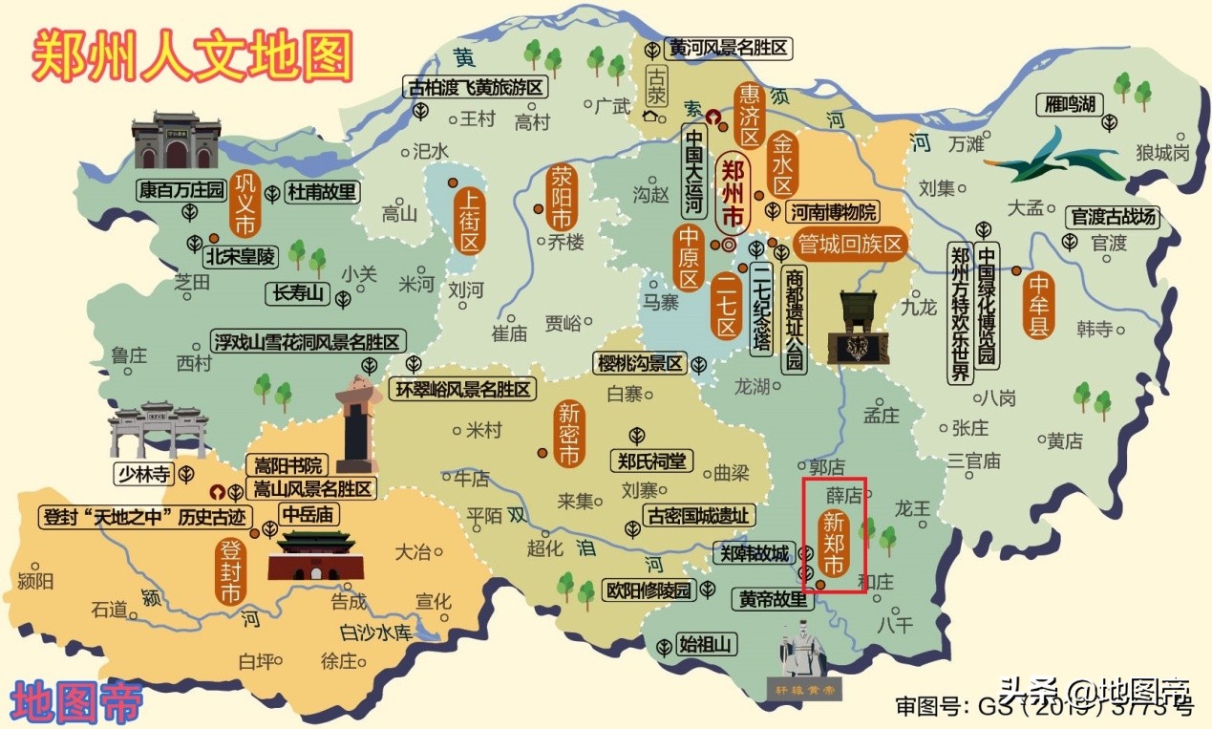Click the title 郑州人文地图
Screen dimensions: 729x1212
191,54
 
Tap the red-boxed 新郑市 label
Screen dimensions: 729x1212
834,542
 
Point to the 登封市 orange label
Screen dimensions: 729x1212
229,571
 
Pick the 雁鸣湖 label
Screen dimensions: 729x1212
1069,104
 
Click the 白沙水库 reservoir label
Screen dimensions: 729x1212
375,633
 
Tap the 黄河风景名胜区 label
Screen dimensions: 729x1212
729,48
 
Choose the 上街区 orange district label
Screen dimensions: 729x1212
468,219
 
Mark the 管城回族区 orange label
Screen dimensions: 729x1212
848,245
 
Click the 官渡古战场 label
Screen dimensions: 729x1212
1113,217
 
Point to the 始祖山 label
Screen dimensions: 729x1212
707,645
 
